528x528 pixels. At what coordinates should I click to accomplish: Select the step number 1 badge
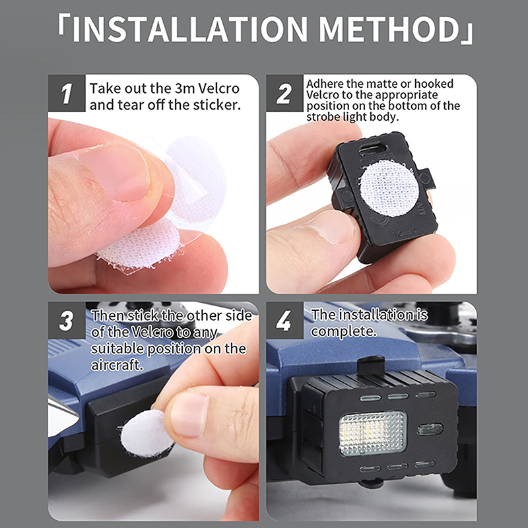(67, 93)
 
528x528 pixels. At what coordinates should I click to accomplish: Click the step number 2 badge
(284, 93)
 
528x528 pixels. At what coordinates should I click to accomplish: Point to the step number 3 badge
(67, 320)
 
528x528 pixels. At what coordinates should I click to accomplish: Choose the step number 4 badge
(284, 320)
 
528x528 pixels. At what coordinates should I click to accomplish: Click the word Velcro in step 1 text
(218, 88)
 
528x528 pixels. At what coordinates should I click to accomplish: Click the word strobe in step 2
(323, 117)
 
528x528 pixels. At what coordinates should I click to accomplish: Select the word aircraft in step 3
(117, 365)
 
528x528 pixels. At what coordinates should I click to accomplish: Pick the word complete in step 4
(343, 332)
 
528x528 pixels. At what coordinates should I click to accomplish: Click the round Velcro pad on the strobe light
(389, 188)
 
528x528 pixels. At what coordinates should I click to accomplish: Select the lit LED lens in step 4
(373, 433)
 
